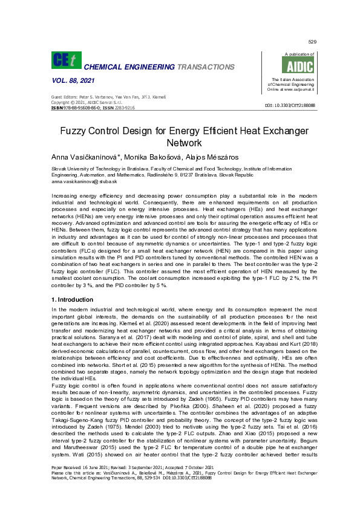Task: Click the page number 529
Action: click(312, 42)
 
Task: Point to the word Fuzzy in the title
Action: click(75, 131)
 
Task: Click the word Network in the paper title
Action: click(180, 143)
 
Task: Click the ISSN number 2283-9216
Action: click(123, 107)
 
